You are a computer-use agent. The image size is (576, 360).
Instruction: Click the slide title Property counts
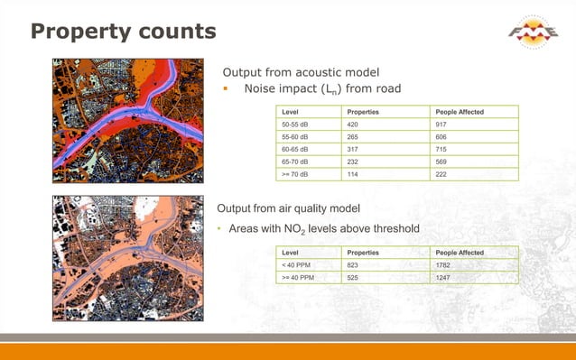pyautogui.click(x=123, y=32)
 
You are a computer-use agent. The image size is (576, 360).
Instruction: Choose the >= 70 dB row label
pyautogui.click(x=297, y=174)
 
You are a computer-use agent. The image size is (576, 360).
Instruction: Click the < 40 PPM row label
pyautogui.click(x=297, y=265)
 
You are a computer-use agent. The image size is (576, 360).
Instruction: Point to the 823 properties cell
pyautogui.click(x=354, y=265)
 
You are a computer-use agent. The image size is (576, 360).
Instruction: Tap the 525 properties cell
pyautogui.click(x=354, y=278)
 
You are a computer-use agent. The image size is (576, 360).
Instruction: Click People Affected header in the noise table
pyautogui.click(x=460, y=111)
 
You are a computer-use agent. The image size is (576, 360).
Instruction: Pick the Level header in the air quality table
pyautogui.click(x=291, y=253)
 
